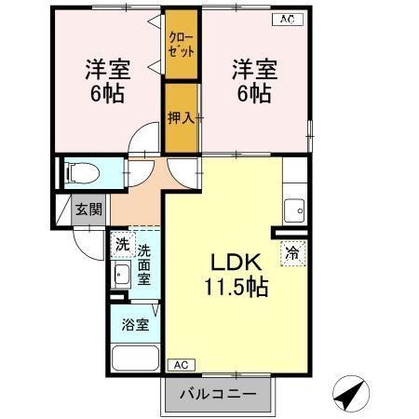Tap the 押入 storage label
click(180, 118)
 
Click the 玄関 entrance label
click(89, 210)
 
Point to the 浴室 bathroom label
click(135, 325)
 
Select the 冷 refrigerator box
click(292, 251)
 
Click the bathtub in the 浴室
click(135, 358)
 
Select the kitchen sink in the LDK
click(295, 209)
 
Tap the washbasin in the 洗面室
click(121, 275)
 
